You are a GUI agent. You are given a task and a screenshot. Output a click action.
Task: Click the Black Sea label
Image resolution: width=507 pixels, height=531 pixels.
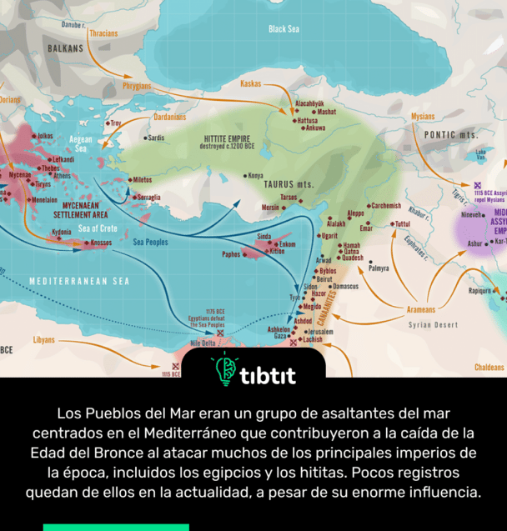(284, 29)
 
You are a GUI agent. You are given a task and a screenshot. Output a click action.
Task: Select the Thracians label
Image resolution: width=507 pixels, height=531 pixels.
(103, 34)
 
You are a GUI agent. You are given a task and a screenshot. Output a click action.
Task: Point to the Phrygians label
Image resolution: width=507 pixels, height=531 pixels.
(137, 87)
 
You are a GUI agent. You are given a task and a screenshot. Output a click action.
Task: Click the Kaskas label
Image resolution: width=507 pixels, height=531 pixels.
(250, 83)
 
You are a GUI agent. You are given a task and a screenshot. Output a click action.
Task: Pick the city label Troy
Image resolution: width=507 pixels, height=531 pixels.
(115, 123)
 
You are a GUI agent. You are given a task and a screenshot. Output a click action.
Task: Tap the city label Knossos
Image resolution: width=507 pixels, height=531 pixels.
(101, 243)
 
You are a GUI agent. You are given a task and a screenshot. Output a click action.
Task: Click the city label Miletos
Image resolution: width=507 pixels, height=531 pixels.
(142, 179)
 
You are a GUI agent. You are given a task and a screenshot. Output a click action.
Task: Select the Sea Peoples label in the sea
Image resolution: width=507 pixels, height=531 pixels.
(151, 243)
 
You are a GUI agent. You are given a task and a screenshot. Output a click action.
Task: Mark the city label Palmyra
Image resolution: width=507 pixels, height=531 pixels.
(379, 268)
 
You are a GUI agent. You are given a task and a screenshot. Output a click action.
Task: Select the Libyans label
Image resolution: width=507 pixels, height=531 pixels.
(43, 340)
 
